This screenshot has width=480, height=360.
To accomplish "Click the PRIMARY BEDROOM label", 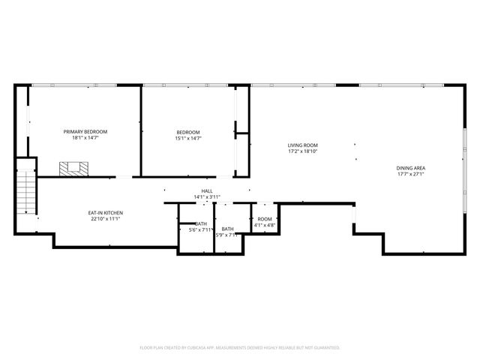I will (x=85, y=132).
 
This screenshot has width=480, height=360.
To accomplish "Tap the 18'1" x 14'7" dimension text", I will (x=85, y=138).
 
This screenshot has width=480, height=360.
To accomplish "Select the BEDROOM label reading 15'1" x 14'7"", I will (x=188, y=132).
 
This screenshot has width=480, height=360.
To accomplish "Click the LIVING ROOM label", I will (x=303, y=145).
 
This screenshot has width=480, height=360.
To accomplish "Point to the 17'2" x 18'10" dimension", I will (x=303, y=151).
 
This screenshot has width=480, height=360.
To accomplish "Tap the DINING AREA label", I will (x=410, y=168).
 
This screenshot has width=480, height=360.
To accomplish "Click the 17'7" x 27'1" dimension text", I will (x=410, y=174).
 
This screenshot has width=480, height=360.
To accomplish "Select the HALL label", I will (x=207, y=191).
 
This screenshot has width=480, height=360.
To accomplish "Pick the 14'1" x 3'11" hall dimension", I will (x=207, y=197).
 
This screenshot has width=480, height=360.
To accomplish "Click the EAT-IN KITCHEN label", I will (x=106, y=213).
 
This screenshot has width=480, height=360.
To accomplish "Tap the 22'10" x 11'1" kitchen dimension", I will (x=106, y=219).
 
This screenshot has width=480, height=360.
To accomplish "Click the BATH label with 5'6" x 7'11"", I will (x=202, y=223).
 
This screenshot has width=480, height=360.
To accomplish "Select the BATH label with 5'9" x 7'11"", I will (x=227, y=229).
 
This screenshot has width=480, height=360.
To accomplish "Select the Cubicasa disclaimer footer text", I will (x=240, y=347).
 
